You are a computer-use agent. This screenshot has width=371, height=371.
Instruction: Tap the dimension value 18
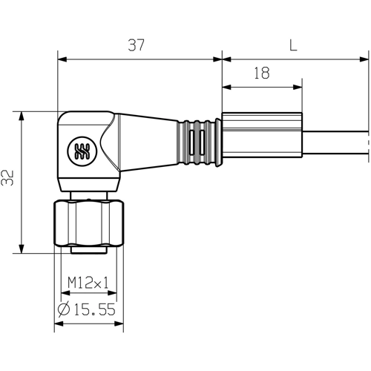coord(260,73)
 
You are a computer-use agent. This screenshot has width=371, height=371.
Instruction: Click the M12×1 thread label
coord(88,283)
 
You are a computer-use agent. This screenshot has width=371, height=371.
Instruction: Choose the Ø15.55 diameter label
coord(87,310)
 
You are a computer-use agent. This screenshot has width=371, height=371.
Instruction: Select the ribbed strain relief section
coord(198,140)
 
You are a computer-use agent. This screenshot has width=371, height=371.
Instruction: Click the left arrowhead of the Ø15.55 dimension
coord(59,324)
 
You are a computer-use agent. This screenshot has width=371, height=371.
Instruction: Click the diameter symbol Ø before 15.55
coord(64,310)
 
